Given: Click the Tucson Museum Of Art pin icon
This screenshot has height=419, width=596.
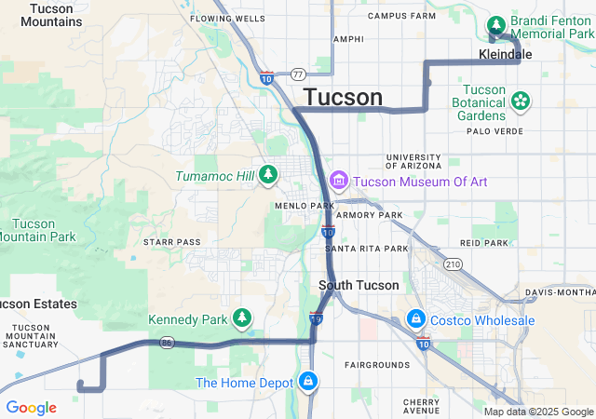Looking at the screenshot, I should [337, 180].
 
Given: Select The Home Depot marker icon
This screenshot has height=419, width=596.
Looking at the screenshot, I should [307, 382].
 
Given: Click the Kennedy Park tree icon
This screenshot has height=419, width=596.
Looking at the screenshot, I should [242, 319].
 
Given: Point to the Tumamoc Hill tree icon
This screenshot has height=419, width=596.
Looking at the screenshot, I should [268, 174].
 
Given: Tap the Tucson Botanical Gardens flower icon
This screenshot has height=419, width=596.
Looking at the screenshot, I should [521, 100].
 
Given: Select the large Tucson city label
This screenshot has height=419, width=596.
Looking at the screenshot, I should [343, 98].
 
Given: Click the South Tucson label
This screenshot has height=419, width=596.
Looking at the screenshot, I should [359, 285].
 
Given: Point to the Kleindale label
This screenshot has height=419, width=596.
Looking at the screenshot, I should [505, 55].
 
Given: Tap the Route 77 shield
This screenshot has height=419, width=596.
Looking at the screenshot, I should [297, 74].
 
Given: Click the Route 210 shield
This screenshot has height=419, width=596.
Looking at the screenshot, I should [454, 264].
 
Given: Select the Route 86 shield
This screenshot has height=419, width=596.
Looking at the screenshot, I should [167, 343].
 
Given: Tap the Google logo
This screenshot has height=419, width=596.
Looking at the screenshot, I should [31, 408].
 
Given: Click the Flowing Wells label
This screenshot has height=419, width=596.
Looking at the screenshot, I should [227, 18].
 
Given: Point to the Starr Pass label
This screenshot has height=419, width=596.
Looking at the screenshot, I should [172, 242].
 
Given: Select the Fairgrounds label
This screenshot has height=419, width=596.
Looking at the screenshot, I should [376, 364].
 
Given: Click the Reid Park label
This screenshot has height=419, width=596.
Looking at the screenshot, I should [483, 242].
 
